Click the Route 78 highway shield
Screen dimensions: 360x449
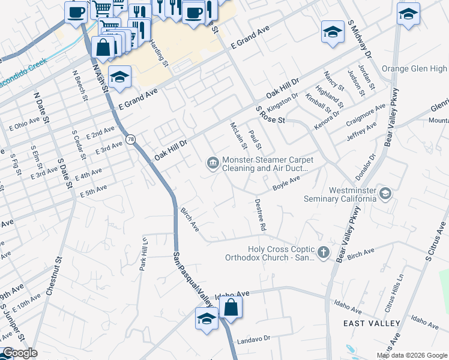pyautogui.click(x=130, y=139)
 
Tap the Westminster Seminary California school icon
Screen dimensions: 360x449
pyautogui.click(x=385, y=193)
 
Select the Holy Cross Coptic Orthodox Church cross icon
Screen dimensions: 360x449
pyautogui.click(x=324, y=252)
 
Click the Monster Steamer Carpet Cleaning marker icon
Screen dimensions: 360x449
pyautogui.click(x=212, y=163)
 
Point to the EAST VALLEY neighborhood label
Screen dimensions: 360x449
pyautogui.click(x=372, y=323)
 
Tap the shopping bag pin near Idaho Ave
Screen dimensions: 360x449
pyautogui.click(x=231, y=308)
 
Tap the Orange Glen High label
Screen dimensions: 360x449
pyautogui.click(x=414, y=69)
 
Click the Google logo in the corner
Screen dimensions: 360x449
pyautogui.click(x=19, y=353)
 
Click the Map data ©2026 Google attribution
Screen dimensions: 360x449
pyautogui.click(x=411, y=355)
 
